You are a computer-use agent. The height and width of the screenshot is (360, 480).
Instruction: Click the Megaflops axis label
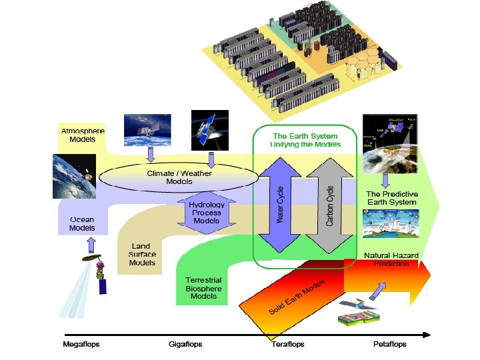[x=80, y=345]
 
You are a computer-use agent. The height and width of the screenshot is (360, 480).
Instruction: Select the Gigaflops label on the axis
[x=185, y=345]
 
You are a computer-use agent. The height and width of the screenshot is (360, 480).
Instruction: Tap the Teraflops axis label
[x=287, y=345]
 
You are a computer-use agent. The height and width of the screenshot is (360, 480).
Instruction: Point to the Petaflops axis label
[x=389, y=345]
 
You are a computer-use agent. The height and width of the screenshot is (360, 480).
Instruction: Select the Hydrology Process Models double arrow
[x=206, y=212]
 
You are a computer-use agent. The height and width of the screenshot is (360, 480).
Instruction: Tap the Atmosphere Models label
[x=82, y=135]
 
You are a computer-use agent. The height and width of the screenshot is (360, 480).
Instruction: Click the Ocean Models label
[x=82, y=224]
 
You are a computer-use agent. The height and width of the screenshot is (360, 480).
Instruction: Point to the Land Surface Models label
[x=142, y=254]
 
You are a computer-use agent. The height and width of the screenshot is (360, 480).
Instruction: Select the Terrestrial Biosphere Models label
[x=204, y=288]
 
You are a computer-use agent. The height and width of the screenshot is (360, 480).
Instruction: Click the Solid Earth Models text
[x=297, y=297]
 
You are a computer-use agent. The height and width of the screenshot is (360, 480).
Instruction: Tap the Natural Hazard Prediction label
[x=391, y=260]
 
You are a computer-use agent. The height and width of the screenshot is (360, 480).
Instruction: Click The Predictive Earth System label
[x=391, y=198]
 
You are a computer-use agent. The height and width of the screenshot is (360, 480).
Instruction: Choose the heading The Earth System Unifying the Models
[x=306, y=140]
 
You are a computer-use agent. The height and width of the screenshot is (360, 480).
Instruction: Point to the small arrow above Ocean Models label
[x=91, y=245]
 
